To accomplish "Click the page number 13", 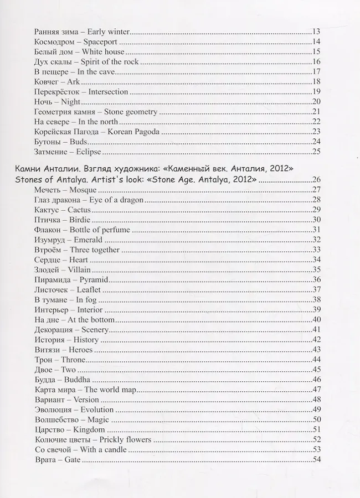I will (317, 32).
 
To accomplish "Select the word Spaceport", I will (103, 41).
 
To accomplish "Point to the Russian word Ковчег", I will (46, 81).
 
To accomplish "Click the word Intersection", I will (108, 91).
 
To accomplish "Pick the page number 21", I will (317, 111).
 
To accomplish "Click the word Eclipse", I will (89, 151).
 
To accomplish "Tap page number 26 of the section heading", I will (317, 180).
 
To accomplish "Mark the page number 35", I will (317, 269).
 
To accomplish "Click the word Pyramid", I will (94, 279).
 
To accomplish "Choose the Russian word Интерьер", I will (51, 309).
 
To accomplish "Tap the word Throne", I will (73, 359).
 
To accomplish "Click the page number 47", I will (317, 389).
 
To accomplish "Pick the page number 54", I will (317, 459).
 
